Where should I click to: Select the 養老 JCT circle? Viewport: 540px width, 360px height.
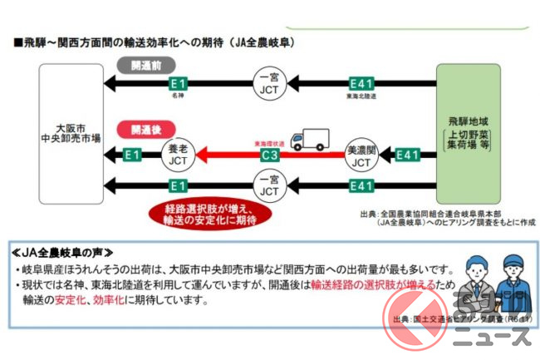tap(178, 154)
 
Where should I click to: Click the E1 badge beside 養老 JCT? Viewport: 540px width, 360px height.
tap(131, 155)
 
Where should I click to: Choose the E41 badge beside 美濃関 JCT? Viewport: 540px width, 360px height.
tap(407, 155)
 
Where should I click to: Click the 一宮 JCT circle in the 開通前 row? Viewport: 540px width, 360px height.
tap(268, 83)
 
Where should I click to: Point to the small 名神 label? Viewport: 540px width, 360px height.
tap(177, 96)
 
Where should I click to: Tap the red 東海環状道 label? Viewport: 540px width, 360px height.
tap(268, 143)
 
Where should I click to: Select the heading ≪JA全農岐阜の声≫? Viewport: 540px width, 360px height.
tap(68, 252)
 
